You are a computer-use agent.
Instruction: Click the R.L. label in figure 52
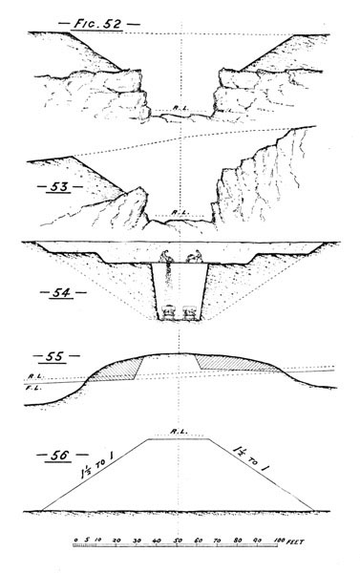179,108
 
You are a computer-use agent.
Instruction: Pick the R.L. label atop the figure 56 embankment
179,431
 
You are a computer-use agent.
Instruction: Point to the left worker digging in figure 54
167,257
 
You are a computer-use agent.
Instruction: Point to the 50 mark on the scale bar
179,541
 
